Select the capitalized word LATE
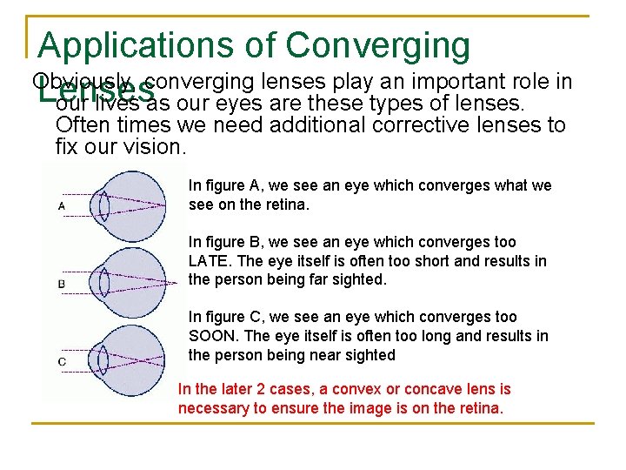click(x=206, y=261)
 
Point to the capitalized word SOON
click(x=209, y=336)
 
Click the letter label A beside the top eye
click(x=62, y=205)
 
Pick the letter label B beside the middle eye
click(x=62, y=284)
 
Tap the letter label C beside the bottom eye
click(x=62, y=360)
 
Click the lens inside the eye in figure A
click(x=103, y=205)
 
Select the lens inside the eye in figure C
click(x=103, y=358)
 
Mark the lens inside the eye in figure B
click(x=103, y=282)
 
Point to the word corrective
click(x=415, y=125)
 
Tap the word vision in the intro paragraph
click(x=155, y=146)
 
